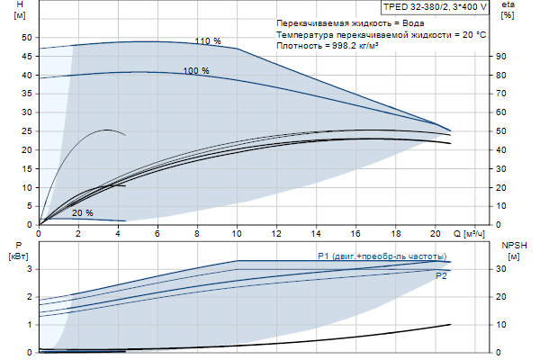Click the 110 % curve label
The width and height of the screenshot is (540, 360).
(207, 40)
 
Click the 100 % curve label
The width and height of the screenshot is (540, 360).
(195, 70)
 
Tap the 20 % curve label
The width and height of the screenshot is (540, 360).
(82, 213)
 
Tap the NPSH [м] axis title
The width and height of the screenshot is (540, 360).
(512, 250)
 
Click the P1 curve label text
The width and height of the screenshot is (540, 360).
(382, 256)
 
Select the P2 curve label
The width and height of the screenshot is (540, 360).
(441, 276)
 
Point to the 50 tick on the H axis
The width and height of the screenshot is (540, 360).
(26, 38)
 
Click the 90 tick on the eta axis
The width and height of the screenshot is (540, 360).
(500, 56)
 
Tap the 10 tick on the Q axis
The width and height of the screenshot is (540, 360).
(238, 233)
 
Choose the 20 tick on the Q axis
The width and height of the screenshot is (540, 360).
(435, 233)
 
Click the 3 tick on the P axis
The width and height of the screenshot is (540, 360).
(30, 269)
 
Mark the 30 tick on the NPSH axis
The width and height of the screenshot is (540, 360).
(501, 269)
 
